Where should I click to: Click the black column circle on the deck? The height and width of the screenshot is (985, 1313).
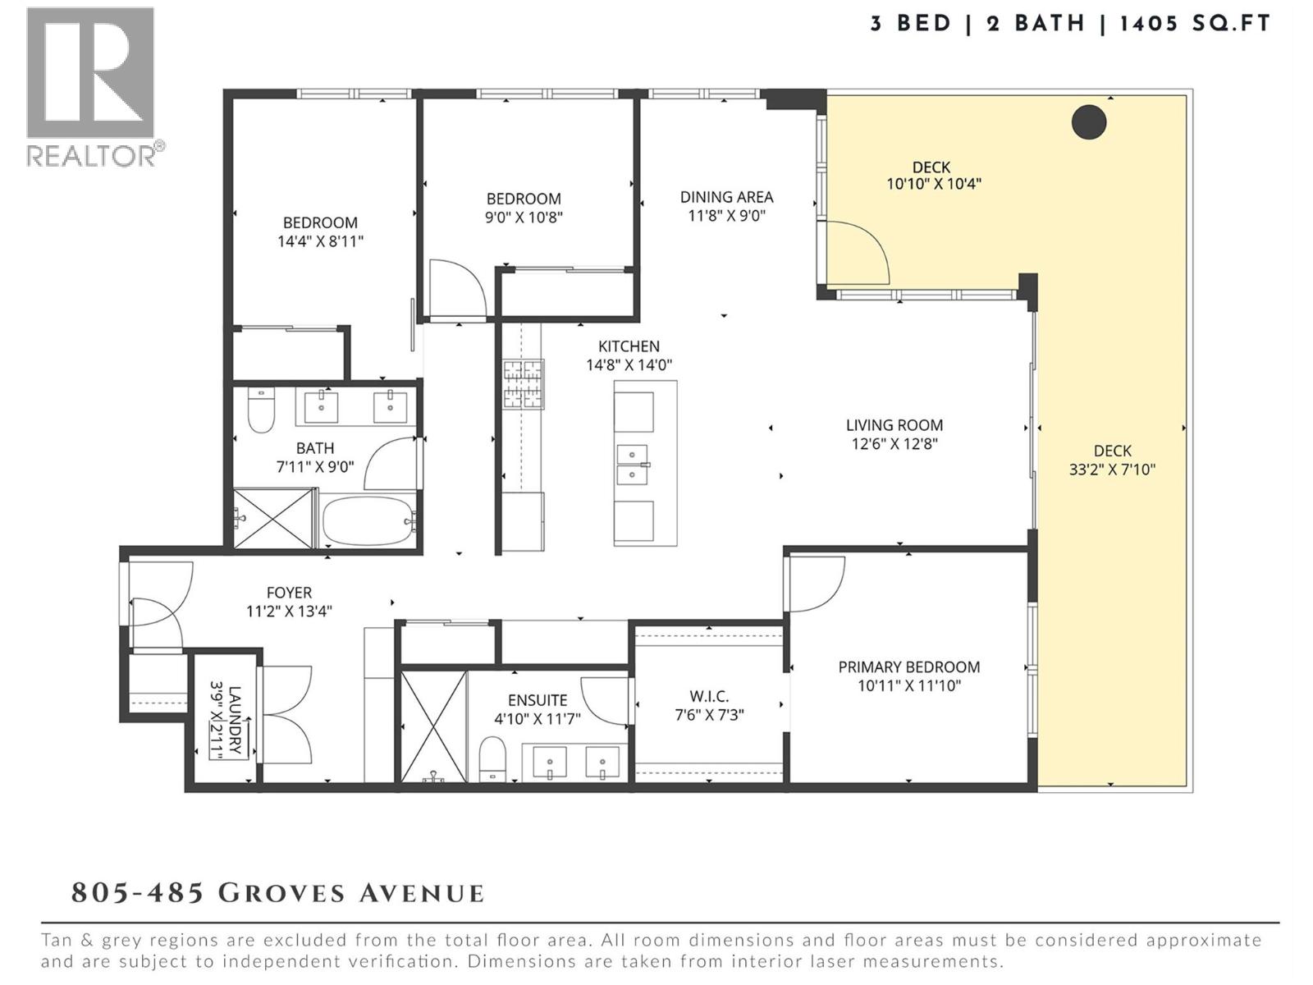click(1089, 122)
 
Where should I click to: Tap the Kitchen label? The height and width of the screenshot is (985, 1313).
click(629, 346)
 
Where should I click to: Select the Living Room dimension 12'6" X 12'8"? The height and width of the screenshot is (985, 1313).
click(894, 444)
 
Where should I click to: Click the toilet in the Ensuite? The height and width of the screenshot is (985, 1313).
click(492, 757)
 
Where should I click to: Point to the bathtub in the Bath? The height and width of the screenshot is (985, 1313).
click(367, 520)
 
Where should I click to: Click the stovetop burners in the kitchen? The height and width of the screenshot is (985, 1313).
click(523, 384)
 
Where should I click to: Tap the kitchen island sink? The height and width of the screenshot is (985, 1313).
click(633, 464)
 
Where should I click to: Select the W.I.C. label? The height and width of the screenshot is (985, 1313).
click(709, 696)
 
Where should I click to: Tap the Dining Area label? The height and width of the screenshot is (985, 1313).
click(726, 197)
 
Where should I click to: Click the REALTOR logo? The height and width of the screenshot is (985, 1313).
click(92, 86)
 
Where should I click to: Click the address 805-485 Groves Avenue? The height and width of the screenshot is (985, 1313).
click(277, 892)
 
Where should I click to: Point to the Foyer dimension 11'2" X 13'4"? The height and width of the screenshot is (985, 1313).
click(289, 612)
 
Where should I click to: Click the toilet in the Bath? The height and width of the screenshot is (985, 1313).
click(261, 410)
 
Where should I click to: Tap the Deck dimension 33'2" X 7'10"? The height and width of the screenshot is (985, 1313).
click(1112, 470)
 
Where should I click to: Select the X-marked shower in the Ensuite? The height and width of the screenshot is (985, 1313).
click(433, 726)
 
